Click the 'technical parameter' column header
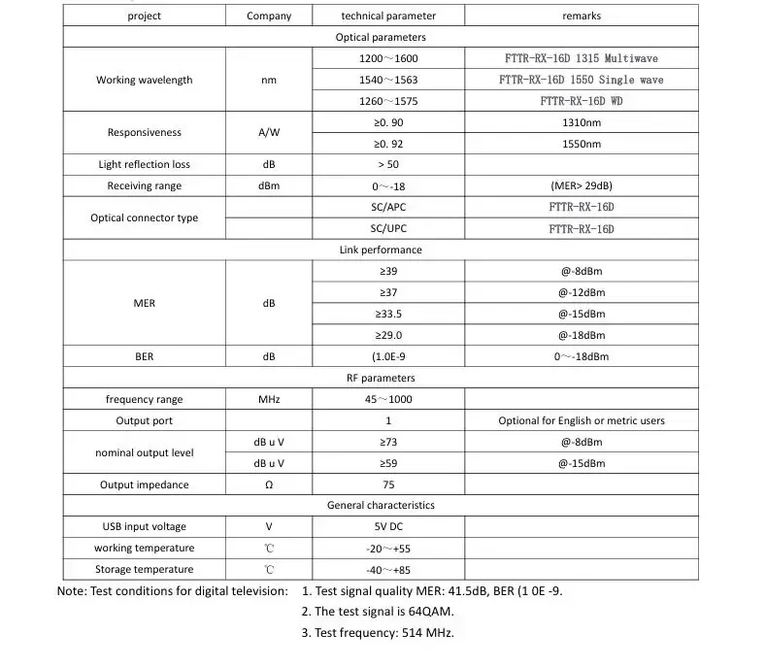pos(388,16)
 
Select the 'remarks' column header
pos(581,16)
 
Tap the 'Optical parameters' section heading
pos(381,37)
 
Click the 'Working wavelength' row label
pos(144,80)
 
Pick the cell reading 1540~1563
pos(388,80)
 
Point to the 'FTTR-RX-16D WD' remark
pos(581,101)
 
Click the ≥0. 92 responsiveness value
pos(388,144)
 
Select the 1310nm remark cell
pos(581,122)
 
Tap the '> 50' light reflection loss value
pos(388,164)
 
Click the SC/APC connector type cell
pos(388,207)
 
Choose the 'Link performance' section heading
pos(381,250)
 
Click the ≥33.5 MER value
pos(388,314)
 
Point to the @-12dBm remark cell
pos(581,292)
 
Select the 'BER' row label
pos(144,356)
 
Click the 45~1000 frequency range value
pos(388,399)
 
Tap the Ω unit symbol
pos(269,484)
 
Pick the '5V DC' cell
pos(388,526)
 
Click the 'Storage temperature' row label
pos(144,569)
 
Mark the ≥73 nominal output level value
pos(388,442)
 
